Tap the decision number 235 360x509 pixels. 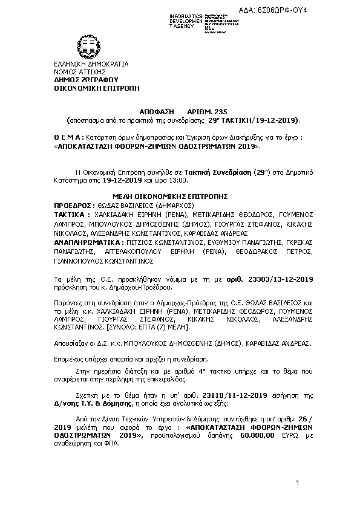(208, 112)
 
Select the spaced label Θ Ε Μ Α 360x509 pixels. (67, 138)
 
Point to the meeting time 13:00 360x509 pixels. (178, 180)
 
